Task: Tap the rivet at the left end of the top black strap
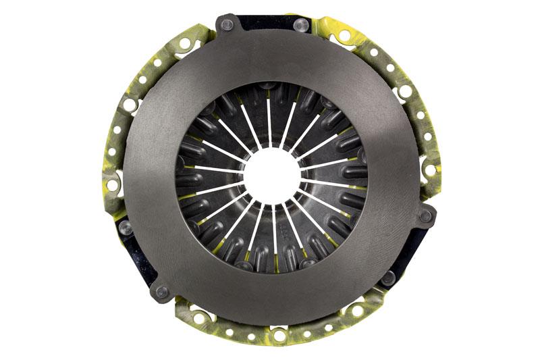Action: click(227, 25)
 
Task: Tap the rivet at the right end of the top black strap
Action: click(302, 26)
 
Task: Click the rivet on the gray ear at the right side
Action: click(425, 216)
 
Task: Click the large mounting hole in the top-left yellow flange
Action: click(184, 44)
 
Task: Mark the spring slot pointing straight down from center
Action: click(274, 236)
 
